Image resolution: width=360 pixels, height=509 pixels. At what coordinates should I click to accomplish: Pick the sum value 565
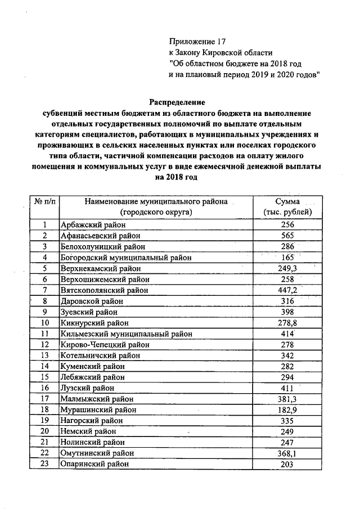(287, 236)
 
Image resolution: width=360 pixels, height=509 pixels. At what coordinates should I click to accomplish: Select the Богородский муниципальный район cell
(125, 257)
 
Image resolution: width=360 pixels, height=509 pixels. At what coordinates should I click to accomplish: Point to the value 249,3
(287, 268)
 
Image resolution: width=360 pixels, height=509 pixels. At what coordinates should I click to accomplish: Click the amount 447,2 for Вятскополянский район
(287, 290)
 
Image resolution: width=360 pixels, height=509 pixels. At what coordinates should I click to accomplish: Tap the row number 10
(44, 323)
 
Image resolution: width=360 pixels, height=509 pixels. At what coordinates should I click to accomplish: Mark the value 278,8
(287, 323)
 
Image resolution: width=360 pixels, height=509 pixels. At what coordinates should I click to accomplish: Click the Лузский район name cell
(87, 388)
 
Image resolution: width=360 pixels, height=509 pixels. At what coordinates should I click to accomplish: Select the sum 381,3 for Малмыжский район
(287, 399)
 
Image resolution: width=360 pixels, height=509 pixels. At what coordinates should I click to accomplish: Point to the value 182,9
(287, 410)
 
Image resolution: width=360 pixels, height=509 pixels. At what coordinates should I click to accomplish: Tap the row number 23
(44, 464)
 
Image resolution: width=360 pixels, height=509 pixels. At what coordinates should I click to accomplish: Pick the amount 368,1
(287, 453)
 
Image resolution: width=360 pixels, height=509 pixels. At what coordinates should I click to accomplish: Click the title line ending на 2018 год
(177, 177)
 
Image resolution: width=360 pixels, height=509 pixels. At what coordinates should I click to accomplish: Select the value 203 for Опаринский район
(287, 464)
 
